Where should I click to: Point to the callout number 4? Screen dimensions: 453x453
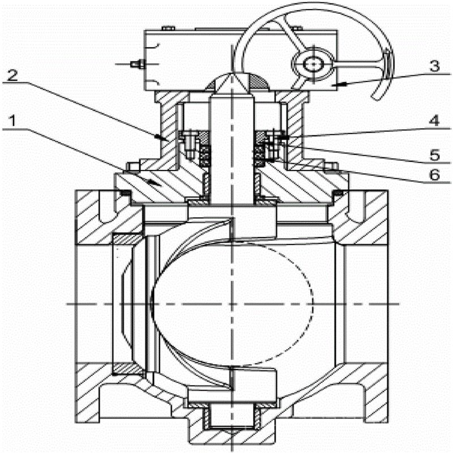pos(434,121)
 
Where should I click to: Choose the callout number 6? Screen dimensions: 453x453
pos(434,176)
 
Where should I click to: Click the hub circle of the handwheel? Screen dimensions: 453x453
pos(311,65)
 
